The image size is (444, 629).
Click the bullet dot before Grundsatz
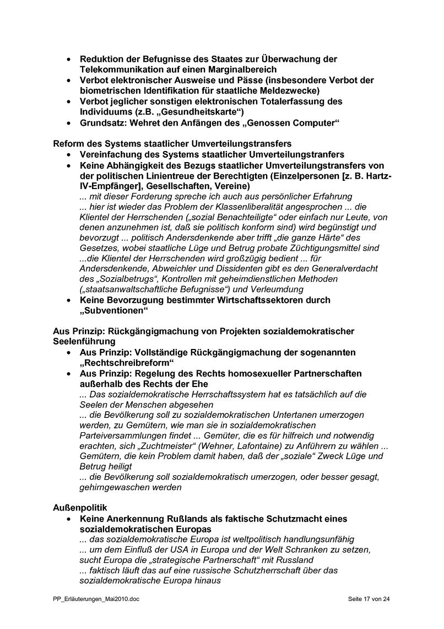(x=68, y=123)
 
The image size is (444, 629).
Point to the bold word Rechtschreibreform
(x=127, y=363)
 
